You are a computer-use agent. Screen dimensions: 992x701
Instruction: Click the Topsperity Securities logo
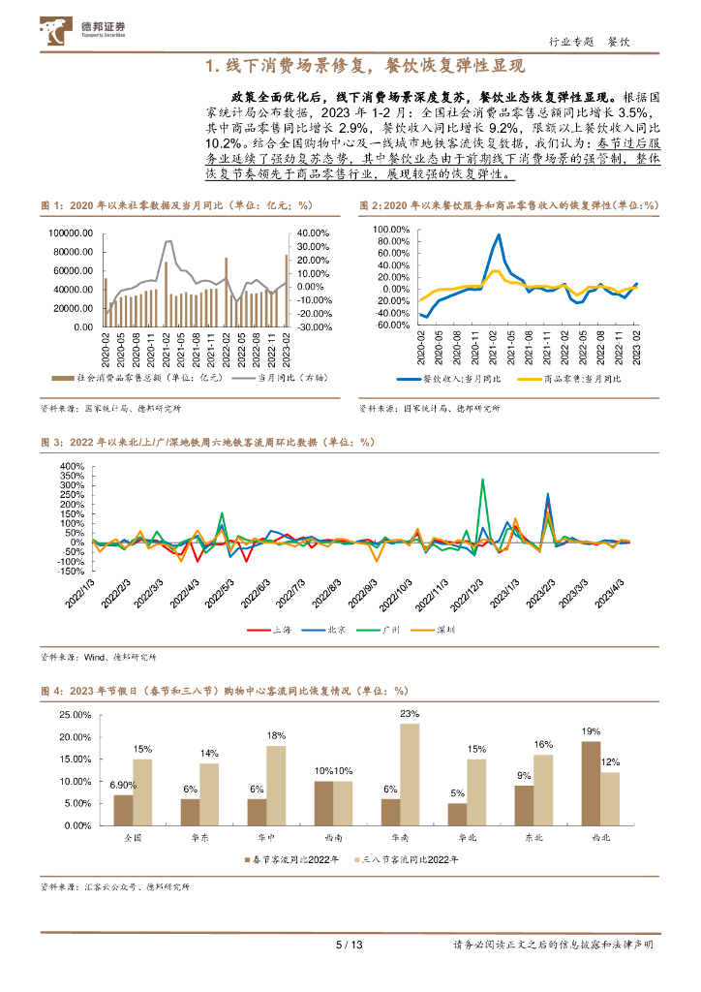coord(85,29)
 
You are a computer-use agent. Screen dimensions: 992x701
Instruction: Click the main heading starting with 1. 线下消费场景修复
coord(350,66)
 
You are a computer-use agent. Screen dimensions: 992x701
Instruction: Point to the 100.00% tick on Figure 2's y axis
coord(391,229)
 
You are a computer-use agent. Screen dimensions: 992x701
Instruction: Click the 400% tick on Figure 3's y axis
coord(73,466)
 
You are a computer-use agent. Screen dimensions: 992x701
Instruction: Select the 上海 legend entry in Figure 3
coord(277,630)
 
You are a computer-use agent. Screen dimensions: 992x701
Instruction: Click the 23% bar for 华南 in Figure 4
coord(410,774)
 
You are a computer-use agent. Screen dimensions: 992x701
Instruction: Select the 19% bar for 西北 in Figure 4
coord(590,783)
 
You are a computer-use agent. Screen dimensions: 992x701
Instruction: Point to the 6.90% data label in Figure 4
coord(121,784)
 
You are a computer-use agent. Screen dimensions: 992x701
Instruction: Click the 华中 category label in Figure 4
coord(257,834)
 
